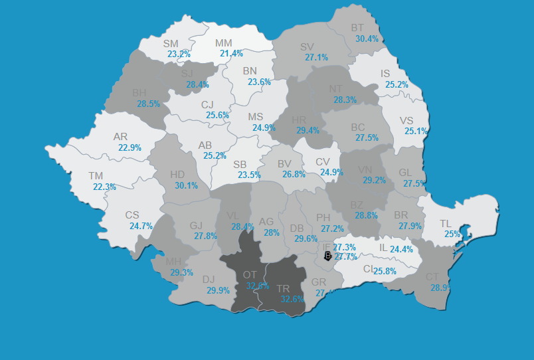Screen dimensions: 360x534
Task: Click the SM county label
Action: (x=171, y=44)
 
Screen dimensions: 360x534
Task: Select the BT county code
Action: (x=358, y=28)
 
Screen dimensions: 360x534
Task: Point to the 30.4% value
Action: (x=367, y=39)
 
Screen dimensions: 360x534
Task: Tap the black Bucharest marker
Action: (x=327, y=256)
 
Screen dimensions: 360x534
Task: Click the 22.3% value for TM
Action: (x=104, y=187)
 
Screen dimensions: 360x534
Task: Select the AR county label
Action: (x=120, y=137)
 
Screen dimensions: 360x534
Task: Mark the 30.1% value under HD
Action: (x=186, y=185)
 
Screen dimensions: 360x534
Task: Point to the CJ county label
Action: (x=207, y=104)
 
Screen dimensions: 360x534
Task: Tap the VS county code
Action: (x=407, y=120)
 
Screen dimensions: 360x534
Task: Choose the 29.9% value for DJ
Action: (x=218, y=290)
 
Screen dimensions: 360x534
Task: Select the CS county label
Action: (x=132, y=215)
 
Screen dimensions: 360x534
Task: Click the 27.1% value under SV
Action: (x=316, y=57)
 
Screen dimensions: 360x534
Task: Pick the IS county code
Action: (x=386, y=74)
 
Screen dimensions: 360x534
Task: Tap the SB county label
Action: (x=240, y=165)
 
